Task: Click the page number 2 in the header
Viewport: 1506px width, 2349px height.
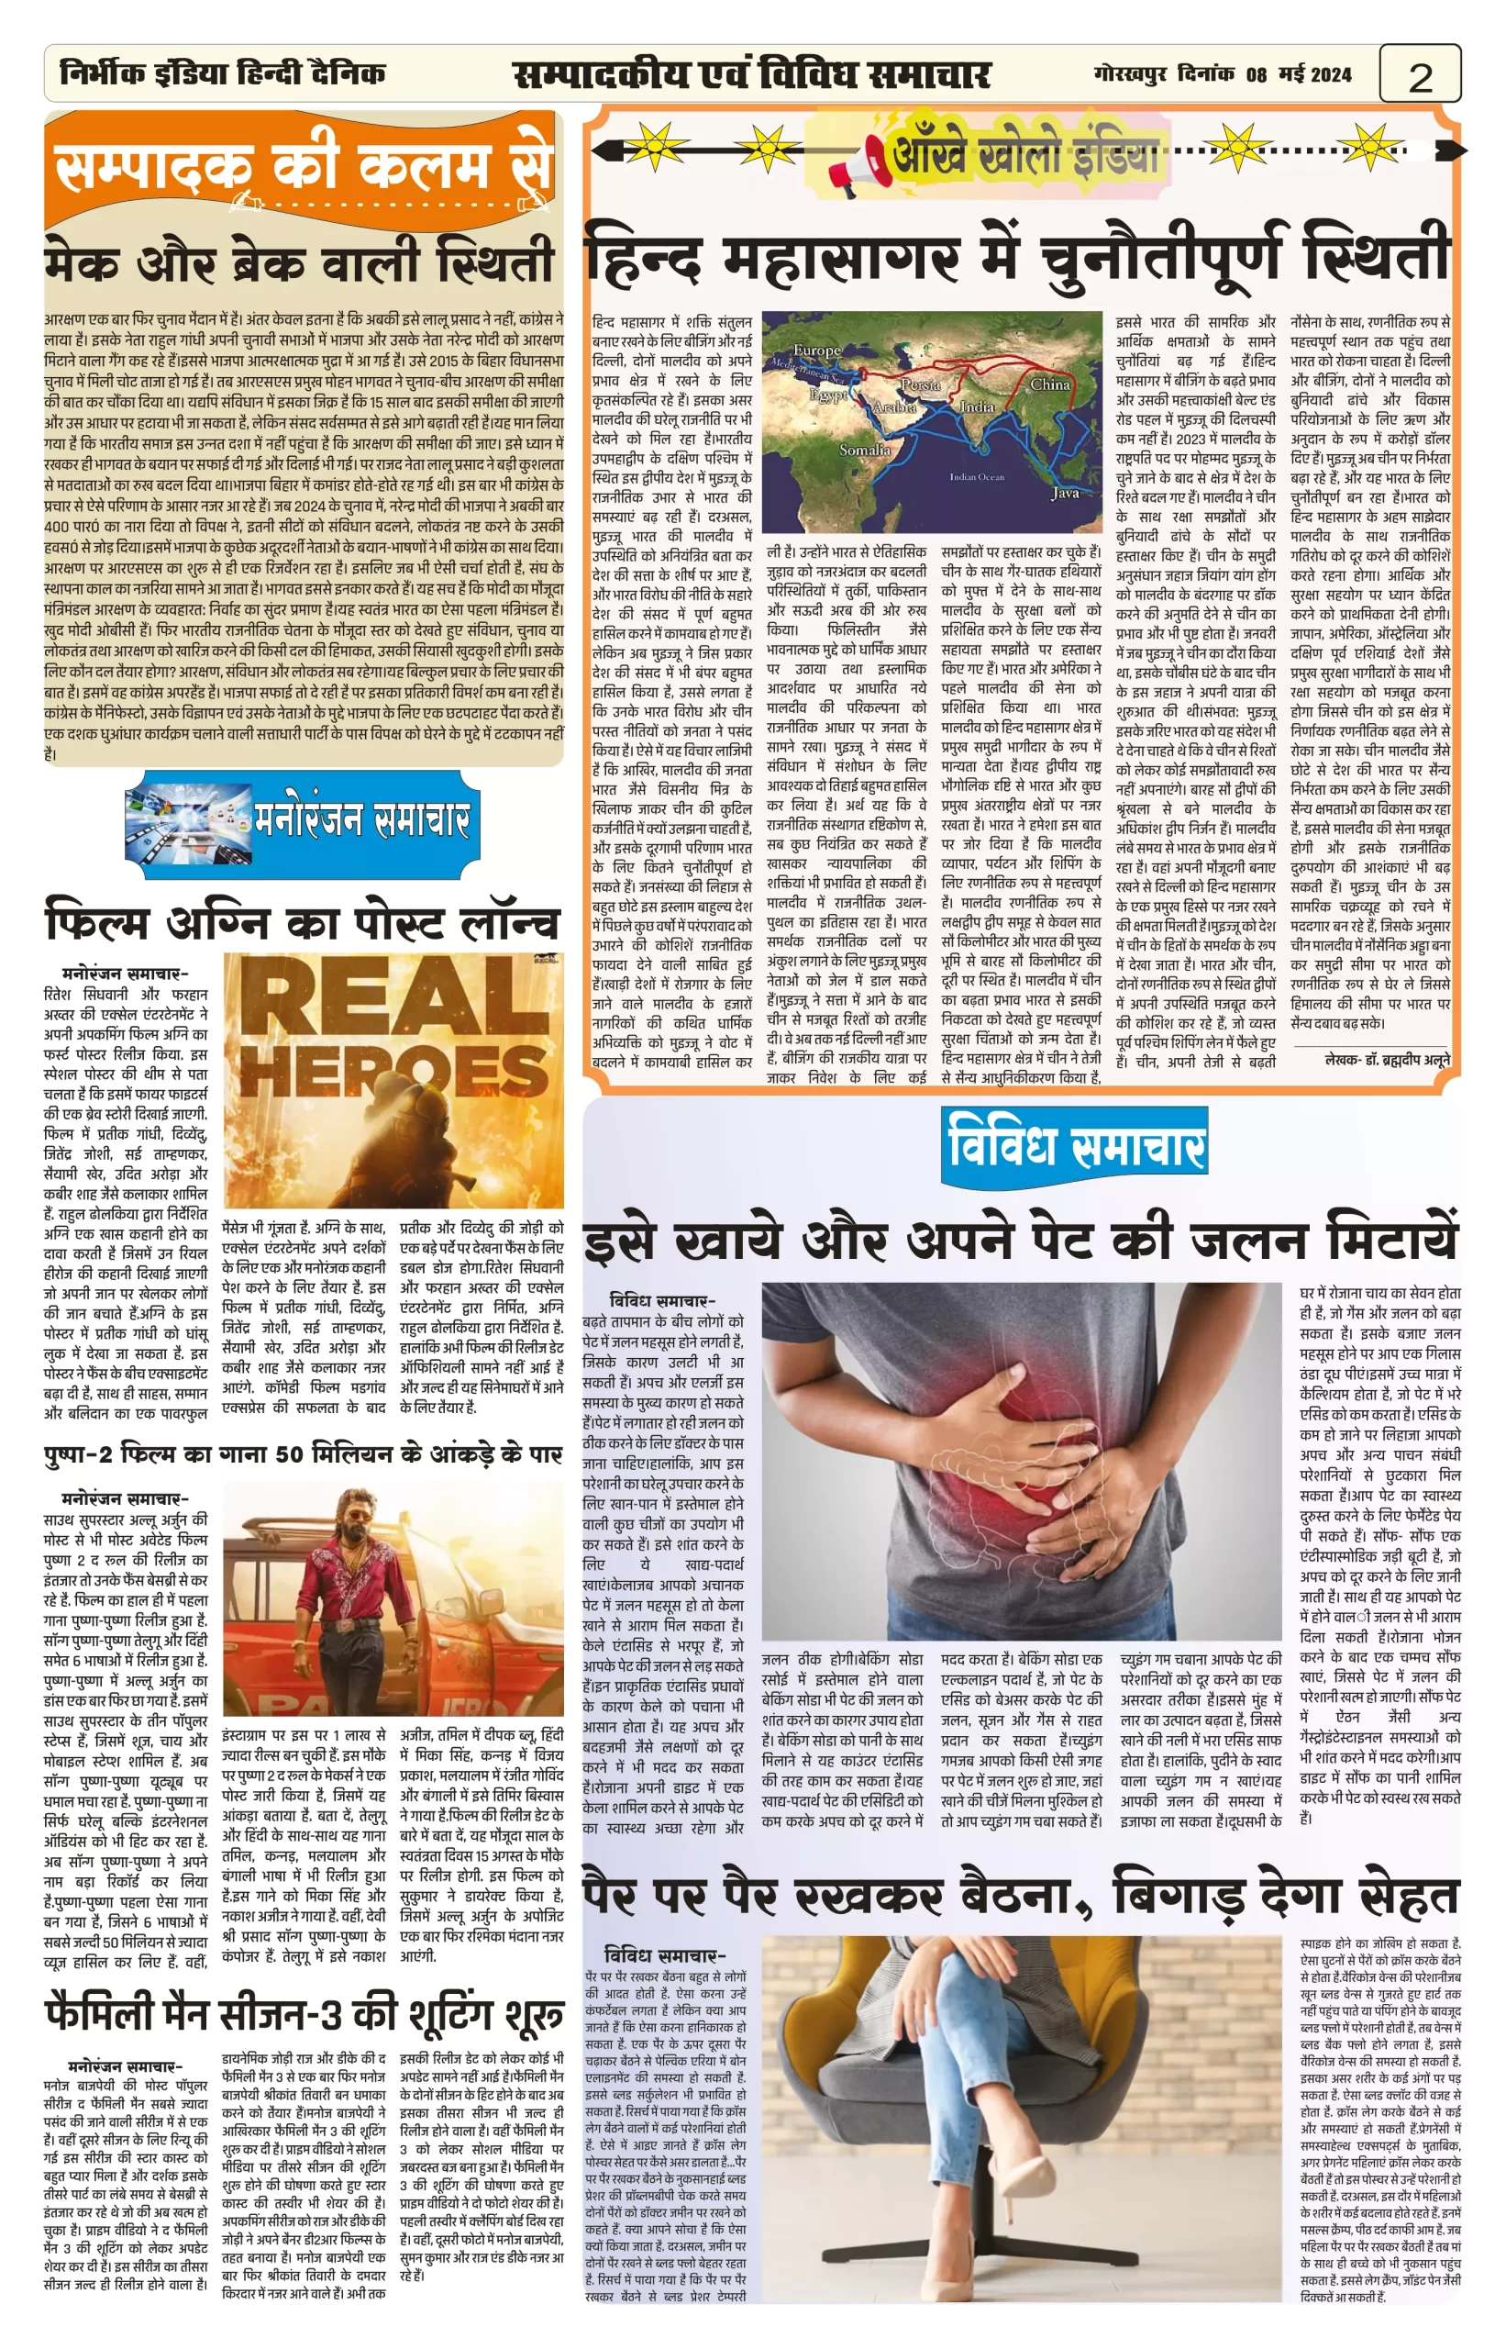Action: coord(1420,75)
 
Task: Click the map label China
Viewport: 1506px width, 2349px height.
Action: coord(1050,384)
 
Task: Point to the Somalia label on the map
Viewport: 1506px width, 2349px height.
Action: coord(865,450)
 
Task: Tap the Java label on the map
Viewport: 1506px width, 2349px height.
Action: coord(1065,493)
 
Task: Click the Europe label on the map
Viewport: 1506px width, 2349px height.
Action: coord(816,351)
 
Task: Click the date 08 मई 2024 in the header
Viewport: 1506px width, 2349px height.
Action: coord(1299,74)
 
